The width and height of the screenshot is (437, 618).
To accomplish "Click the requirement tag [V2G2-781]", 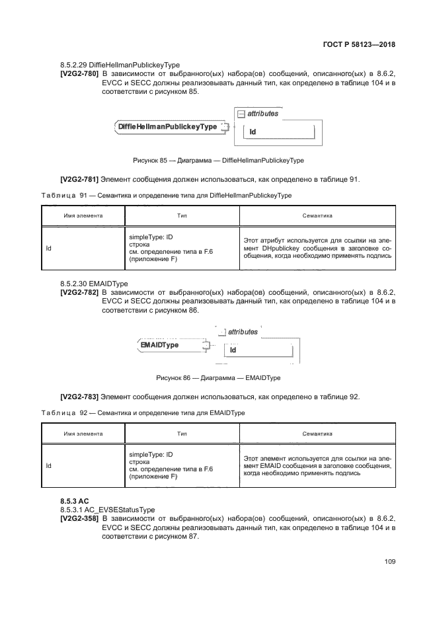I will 79,178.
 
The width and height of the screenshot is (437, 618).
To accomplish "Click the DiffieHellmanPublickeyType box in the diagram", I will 167,127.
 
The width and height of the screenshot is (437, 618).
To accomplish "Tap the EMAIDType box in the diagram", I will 159,345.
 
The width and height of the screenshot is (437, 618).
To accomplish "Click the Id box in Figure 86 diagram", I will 258,350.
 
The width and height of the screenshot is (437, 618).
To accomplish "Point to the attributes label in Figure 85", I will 262,114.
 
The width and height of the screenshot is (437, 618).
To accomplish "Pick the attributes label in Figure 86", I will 242,332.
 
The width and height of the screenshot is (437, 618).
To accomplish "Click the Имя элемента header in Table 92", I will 83,434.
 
